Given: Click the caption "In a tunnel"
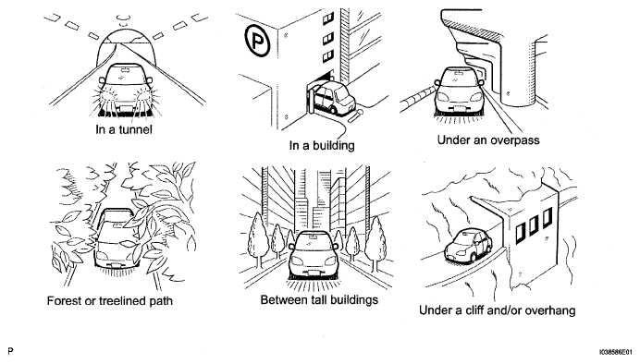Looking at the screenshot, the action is tap(124, 129).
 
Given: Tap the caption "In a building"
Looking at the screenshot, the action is tap(322, 146).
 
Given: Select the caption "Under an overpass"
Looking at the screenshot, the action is tap(488, 140).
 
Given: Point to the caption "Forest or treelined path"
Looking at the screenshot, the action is tap(110, 301).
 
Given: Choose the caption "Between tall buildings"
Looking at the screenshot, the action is tap(319, 300).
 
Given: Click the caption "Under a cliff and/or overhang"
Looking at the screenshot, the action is tap(498, 310).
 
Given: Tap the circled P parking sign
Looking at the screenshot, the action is tap(257, 40).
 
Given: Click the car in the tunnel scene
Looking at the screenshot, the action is tap(125, 88).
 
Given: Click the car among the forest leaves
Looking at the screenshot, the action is tap(116, 238).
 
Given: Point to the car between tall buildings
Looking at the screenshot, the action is tap(314, 255).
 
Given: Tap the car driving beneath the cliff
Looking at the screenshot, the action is tap(469, 245).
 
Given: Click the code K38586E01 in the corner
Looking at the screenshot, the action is tap(618, 351).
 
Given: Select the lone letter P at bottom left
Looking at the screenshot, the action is tap(10, 351).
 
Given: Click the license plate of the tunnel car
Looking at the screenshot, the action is tap(126, 108).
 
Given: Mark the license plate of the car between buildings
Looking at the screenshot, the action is tap(313, 273).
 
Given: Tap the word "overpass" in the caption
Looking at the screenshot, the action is tap(515, 140).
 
